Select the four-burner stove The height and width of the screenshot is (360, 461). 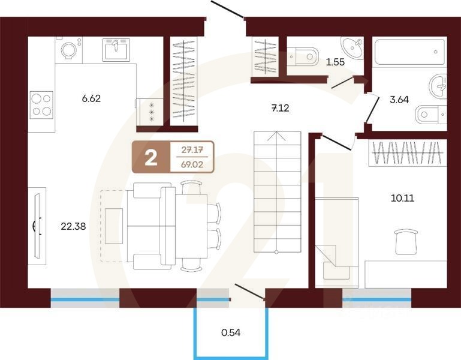coord(41,104)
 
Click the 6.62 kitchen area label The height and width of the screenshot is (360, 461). coord(91,98)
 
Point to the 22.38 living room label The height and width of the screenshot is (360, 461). coord(73,226)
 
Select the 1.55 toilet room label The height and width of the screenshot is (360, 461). coord(335,61)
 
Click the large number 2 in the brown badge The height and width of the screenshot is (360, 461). coord(151,157)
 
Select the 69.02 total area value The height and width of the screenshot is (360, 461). coord(191,164)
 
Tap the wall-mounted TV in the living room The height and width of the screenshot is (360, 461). coord(38,226)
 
